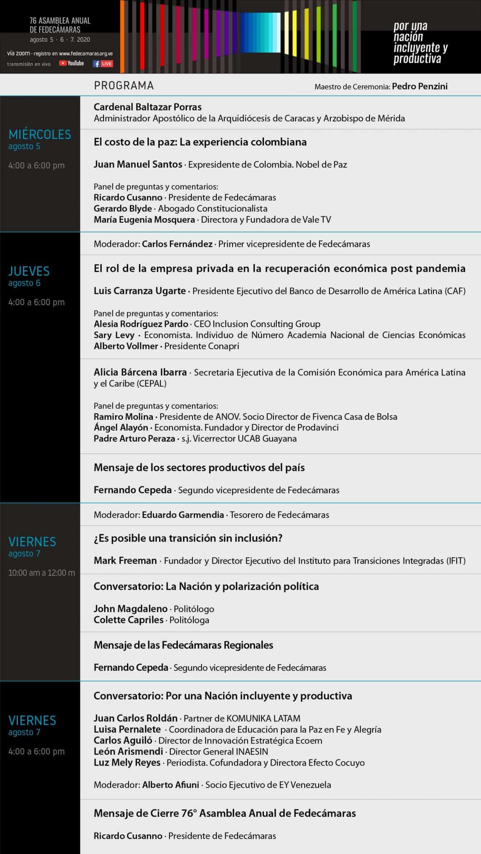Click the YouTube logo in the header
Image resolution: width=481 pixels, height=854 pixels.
[71, 63]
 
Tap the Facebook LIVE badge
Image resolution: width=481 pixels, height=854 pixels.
[103, 64]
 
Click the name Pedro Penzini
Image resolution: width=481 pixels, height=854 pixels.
[420, 86]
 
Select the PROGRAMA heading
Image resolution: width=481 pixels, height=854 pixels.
[124, 85]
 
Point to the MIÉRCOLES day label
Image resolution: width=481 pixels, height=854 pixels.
[40, 134]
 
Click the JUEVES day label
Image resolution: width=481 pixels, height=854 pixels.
[29, 271]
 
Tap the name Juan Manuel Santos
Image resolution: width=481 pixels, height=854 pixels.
[138, 164]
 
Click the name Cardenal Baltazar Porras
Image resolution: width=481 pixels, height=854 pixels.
[147, 107]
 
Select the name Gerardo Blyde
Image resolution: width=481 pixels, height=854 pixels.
[123, 208]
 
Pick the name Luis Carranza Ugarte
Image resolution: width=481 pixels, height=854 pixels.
[139, 291]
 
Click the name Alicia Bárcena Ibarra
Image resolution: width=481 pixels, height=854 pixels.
[140, 372]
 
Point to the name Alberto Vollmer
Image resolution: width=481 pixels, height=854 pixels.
[126, 346]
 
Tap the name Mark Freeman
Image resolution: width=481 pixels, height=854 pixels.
[125, 560]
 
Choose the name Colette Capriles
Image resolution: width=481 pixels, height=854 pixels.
[128, 620]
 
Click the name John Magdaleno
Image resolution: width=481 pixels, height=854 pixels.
[130, 609]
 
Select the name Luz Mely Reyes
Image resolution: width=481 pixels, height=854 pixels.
[127, 763]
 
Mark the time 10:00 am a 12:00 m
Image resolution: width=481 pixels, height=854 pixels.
[41, 573]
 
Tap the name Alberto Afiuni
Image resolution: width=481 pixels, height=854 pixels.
[170, 785]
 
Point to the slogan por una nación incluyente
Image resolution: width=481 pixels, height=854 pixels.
[420, 43]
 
